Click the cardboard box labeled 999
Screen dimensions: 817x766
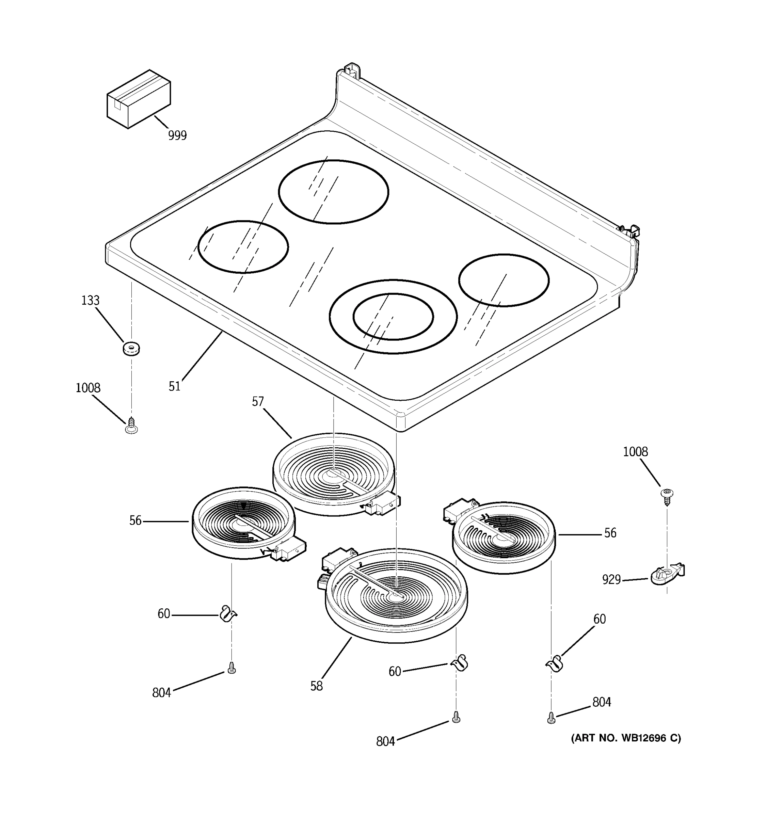[139, 99]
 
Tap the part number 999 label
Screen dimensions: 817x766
[177, 135]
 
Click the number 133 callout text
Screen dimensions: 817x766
[90, 300]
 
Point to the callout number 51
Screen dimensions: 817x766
[174, 386]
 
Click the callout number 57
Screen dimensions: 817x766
[258, 401]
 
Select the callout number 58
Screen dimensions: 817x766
[316, 686]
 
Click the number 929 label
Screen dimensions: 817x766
[611, 579]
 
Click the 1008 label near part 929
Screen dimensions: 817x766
[635, 452]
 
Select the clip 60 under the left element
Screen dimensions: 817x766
[227, 614]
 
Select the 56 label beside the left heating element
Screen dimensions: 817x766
[135, 521]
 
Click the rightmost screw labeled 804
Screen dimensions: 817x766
[552, 718]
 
